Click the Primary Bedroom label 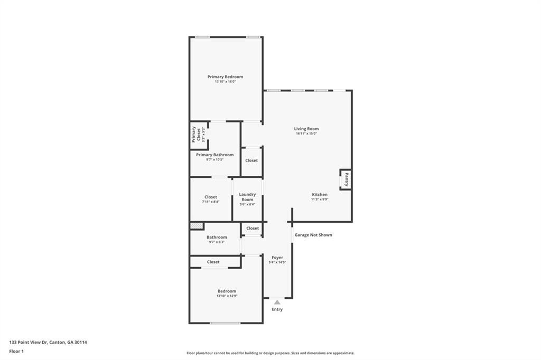tap(225, 77)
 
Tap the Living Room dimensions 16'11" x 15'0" tap(306, 134)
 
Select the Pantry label tap(346, 179)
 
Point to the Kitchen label tap(319, 194)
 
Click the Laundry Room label tap(247, 197)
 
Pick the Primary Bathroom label tap(214, 155)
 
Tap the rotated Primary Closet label tap(196, 135)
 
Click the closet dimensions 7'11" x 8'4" tap(211, 202)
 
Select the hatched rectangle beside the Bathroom tap(197, 225)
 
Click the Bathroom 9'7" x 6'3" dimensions tap(217, 242)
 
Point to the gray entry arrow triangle tap(277, 302)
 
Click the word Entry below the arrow tap(277, 309)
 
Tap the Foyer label tap(277, 258)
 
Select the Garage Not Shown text tap(313, 235)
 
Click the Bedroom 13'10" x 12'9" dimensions tap(227, 296)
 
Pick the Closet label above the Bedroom tap(213, 262)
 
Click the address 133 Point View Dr tap(48, 342)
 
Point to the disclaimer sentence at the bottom tap(270, 353)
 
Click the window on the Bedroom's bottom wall tap(225, 323)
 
